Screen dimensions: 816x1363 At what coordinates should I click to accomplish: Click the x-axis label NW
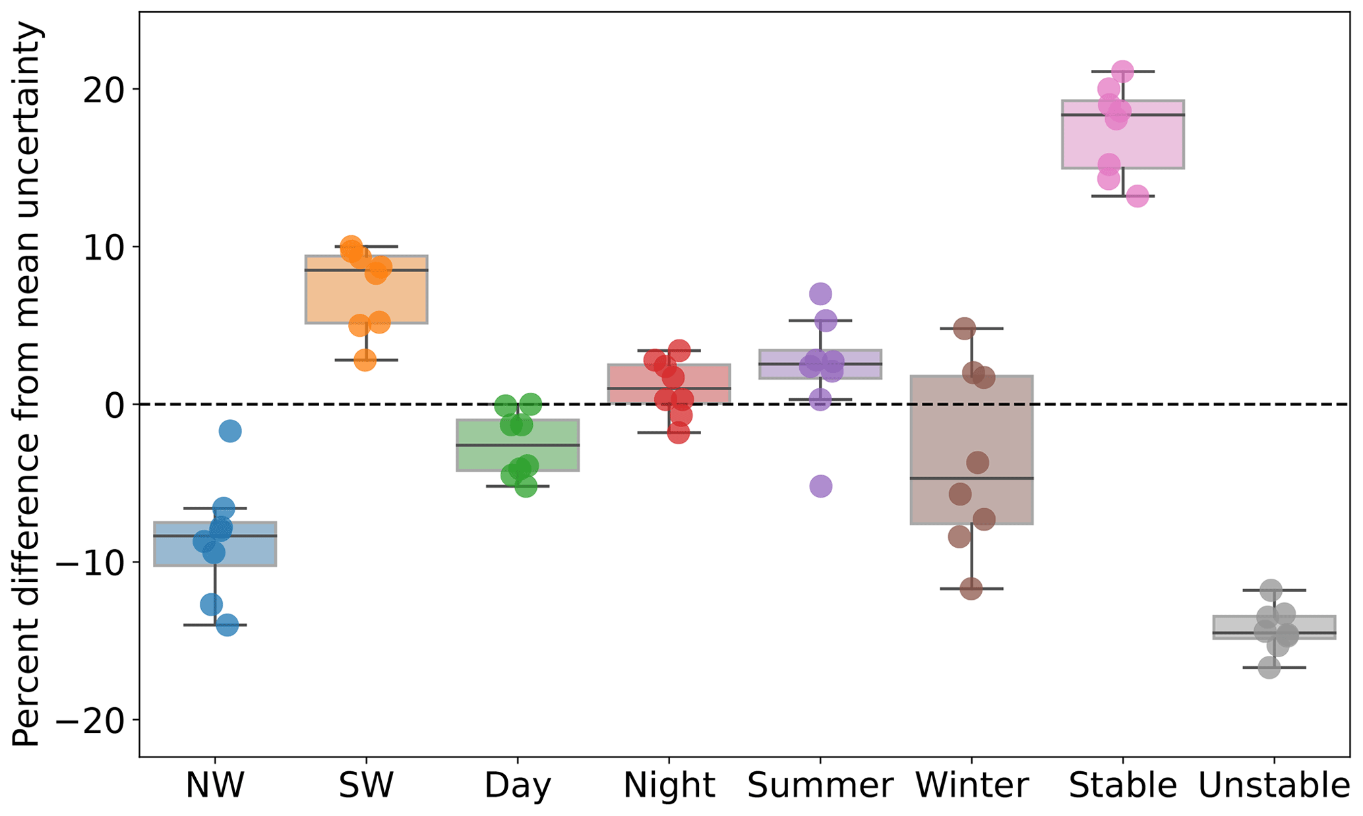point(215,785)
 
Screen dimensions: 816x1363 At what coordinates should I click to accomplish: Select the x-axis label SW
point(366,785)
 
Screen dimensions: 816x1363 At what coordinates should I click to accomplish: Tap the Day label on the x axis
point(517,785)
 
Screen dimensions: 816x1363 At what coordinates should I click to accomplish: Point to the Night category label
point(669,785)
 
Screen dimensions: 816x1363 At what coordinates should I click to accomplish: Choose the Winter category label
point(971,785)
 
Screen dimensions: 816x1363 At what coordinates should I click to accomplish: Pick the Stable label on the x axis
point(1122,785)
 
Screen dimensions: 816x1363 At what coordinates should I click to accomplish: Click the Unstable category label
point(1273,785)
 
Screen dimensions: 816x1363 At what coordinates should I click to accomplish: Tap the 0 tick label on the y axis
point(115,405)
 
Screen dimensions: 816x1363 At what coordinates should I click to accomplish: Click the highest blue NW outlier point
point(229,432)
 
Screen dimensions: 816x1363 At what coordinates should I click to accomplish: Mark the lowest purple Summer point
point(820,487)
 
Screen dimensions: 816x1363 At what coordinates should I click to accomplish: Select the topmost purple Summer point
point(820,293)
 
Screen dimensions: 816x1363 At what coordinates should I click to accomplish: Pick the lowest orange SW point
point(365,360)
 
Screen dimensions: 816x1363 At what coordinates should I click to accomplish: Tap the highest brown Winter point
point(965,328)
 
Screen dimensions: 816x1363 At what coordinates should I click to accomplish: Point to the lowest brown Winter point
point(971,589)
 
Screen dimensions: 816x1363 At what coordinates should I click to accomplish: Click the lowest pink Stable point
point(1137,196)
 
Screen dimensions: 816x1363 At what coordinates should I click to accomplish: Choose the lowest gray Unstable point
point(1269,668)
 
